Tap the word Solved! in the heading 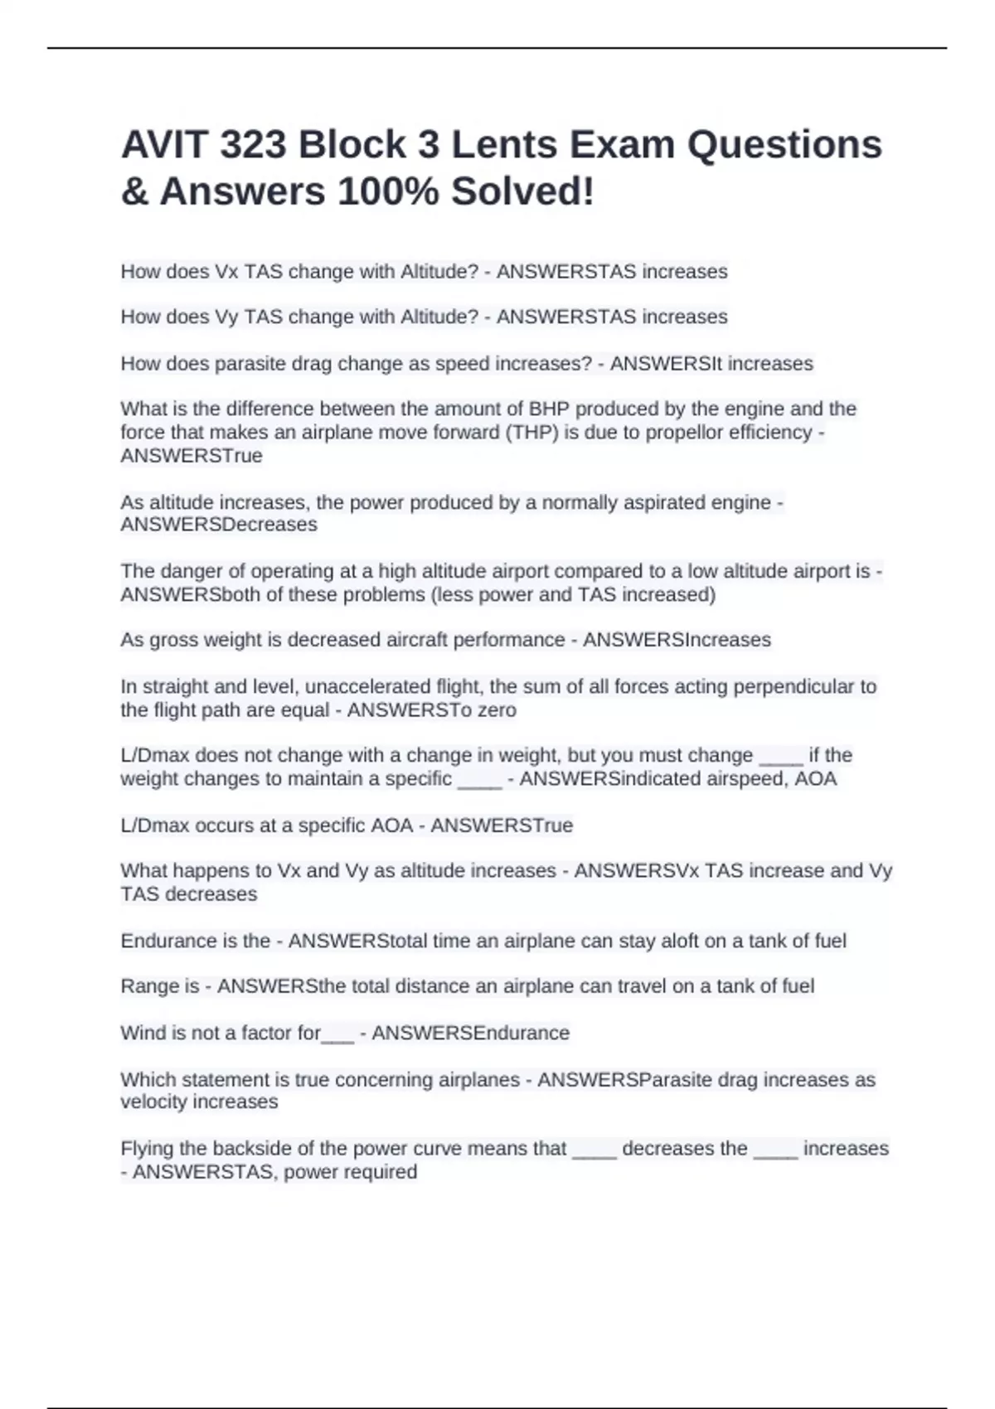pos(522,191)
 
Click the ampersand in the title pos(133,191)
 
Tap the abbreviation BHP pos(549,409)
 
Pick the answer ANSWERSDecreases pos(219,525)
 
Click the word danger pos(187,571)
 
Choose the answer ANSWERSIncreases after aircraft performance pos(677,640)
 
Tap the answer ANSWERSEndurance pos(470,1033)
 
